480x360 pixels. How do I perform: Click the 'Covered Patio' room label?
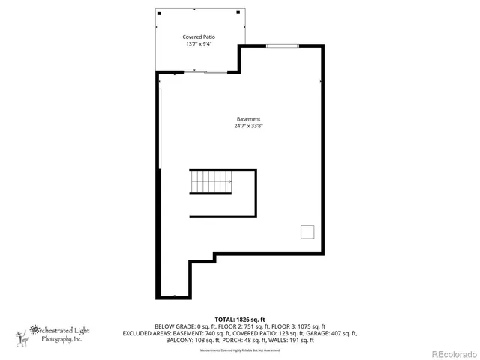198,37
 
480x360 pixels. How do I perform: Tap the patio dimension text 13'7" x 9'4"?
198,44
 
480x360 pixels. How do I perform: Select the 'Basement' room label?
248,119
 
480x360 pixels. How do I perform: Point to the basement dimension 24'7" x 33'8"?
248,127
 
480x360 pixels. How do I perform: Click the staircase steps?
210,181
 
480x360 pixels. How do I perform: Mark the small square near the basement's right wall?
307,232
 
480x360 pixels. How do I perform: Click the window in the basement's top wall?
281,47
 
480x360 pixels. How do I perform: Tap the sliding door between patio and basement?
205,73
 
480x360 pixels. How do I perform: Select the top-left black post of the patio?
158,12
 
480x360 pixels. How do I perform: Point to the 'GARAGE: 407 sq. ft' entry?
334,334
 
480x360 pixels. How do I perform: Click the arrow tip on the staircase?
230,181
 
